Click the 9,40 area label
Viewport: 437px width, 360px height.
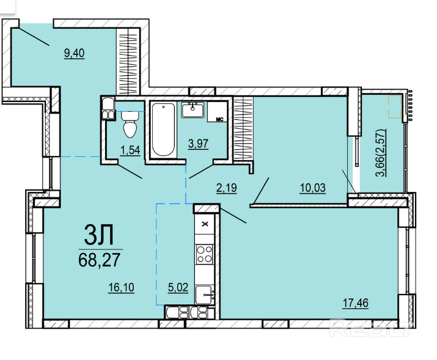(x=74, y=53)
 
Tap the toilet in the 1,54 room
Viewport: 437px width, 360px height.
(x=130, y=124)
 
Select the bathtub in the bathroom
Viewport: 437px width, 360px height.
(x=163, y=130)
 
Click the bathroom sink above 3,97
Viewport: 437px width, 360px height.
(x=193, y=110)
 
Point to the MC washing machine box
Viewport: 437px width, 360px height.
(x=216, y=112)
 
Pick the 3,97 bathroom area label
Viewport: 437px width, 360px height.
(x=198, y=144)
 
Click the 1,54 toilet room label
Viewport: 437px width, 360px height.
(x=130, y=150)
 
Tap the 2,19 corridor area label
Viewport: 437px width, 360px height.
(x=227, y=188)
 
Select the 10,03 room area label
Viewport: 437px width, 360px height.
(x=313, y=188)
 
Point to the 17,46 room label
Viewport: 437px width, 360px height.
(x=355, y=303)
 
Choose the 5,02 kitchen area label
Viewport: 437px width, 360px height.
(x=178, y=287)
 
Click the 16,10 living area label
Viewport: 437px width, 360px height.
(x=121, y=287)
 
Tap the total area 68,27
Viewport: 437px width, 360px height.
(x=100, y=260)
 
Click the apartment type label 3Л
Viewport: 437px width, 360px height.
(x=98, y=235)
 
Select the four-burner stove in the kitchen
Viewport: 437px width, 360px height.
(x=205, y=254)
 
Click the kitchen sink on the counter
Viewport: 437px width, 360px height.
(x=205, y=295)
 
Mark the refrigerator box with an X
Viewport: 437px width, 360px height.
(x=205, y=224)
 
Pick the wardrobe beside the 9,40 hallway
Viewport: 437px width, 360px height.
(x=128, y=62)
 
